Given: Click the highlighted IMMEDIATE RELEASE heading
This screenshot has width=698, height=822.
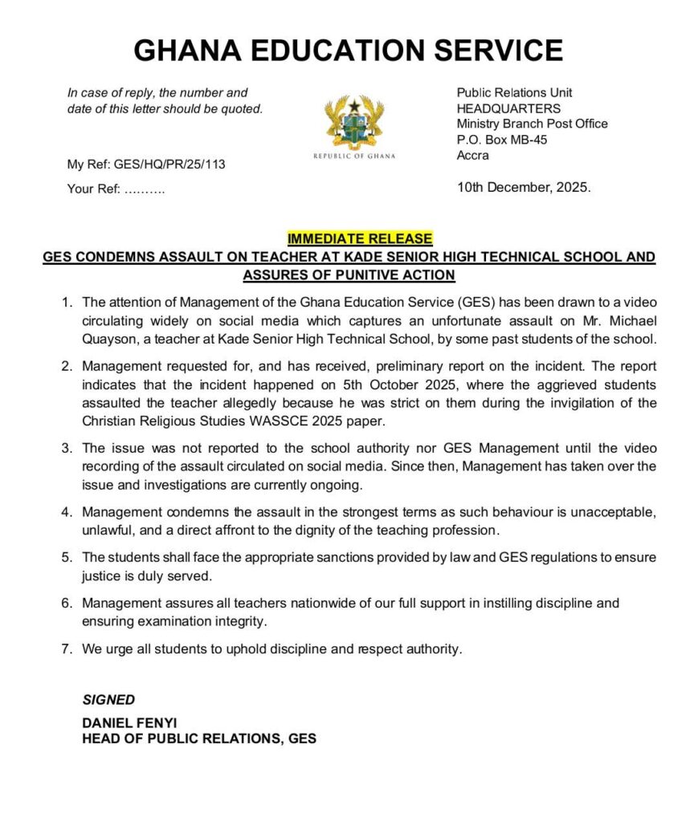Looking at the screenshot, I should (x=360, y=238).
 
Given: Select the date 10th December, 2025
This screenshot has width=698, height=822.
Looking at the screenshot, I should (x=524, y=188).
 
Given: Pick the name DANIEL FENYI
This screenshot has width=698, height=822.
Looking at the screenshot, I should (x=129, y=723).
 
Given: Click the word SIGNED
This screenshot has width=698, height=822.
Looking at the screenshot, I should (x=108, y=700).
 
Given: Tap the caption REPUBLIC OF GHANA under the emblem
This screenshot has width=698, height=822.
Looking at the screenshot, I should (x=354, y=156).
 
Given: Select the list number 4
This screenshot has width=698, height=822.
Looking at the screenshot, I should (x=67, y=511).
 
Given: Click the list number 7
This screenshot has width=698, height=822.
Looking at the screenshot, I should (x=67, y=649).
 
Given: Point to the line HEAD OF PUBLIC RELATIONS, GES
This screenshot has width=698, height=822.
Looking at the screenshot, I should (x=199, y=739).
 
